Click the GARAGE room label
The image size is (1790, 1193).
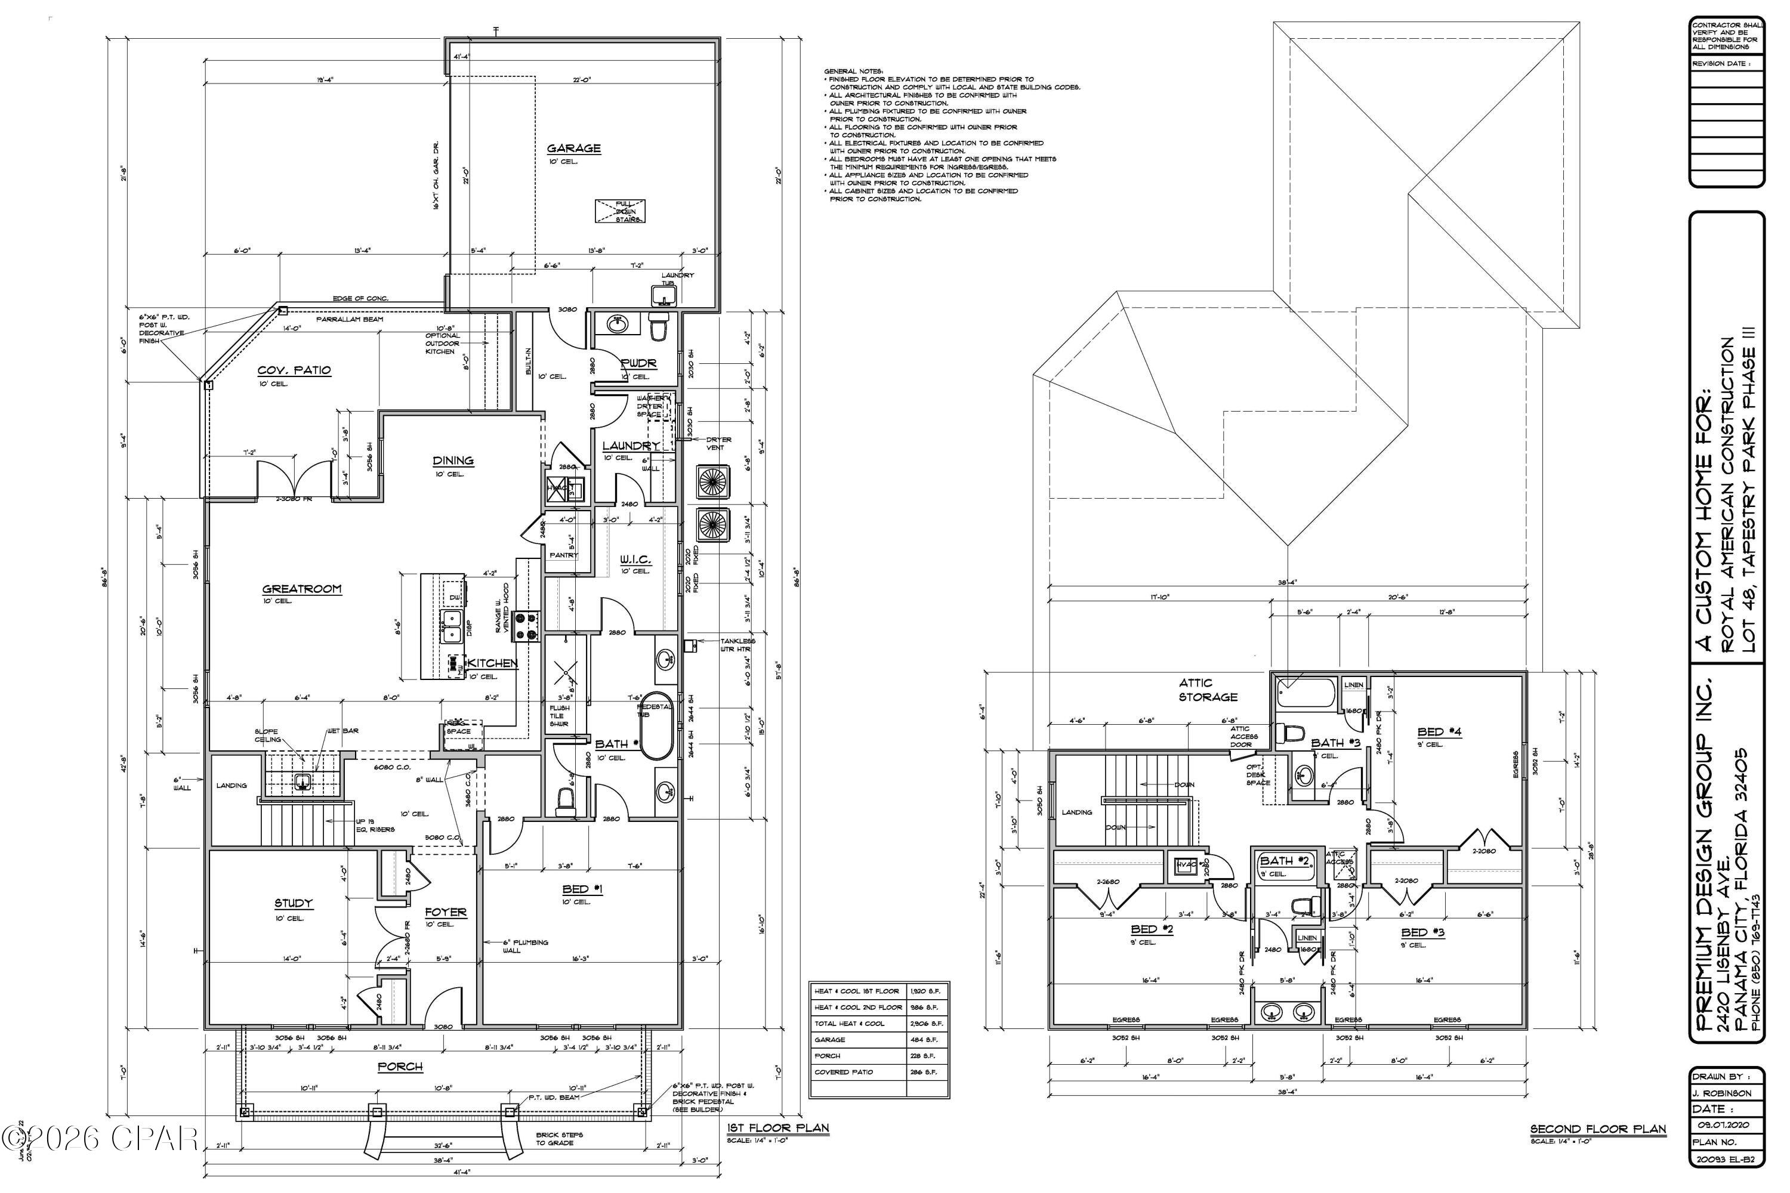[x=574, y=149]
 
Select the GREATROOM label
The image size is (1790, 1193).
[x=301, y=589]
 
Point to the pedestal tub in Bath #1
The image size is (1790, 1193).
[x=656, y=725]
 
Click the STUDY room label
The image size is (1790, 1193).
[x=293, y=903]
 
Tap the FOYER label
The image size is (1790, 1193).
[x=445, y=912]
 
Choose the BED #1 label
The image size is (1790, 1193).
[x=582, y=889]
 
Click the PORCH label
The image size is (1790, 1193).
[x=400, y=1067]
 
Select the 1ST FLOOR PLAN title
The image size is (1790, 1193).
[x=778, y=1129]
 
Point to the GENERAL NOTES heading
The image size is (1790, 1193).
[x=848, y=71]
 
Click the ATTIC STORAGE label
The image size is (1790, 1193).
[x=1208, y=690]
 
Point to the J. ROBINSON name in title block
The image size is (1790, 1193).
[x=1724, y=1093]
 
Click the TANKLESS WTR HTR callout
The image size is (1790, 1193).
[x=737, y=645]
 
